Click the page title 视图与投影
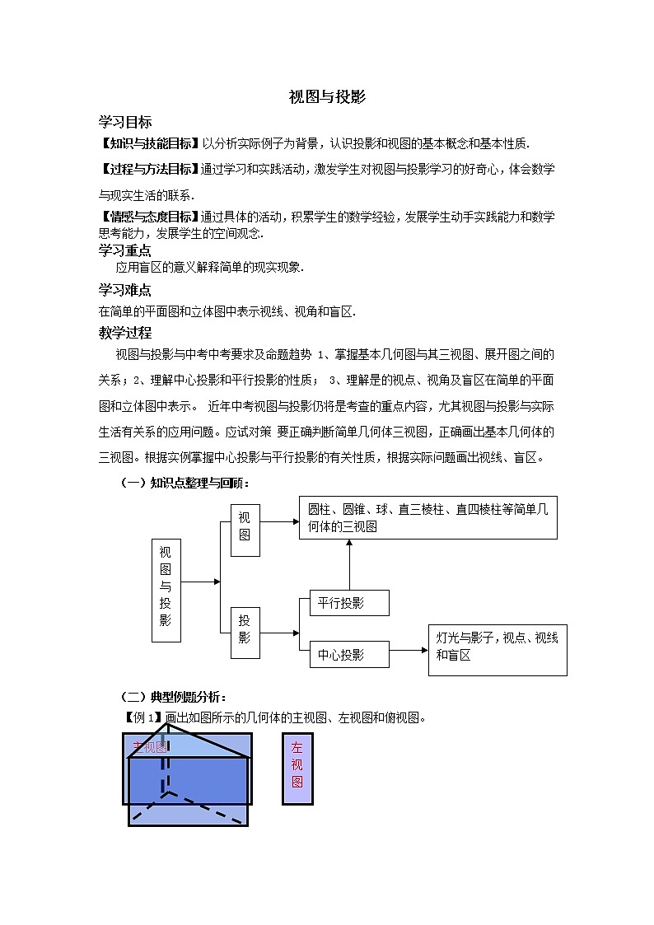[327, 96]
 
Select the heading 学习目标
[124, 122]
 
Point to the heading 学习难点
[124, 290]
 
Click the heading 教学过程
[124, 333]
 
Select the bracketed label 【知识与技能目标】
[149, 143]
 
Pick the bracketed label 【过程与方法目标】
[149, 169]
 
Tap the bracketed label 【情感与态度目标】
[149, 217]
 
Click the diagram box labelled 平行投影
[348, 603]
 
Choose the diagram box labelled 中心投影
[348, 655]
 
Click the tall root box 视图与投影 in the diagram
[166, 591]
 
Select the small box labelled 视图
[245, 530]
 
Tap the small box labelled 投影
[245, 633]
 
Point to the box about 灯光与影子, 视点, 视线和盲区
[498, 650]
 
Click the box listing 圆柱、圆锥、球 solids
[427, 518]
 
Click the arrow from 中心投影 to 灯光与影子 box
[409, 650]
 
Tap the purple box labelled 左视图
[297, 768]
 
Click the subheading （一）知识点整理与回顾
[185, 483]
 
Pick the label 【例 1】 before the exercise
[142, 717]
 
